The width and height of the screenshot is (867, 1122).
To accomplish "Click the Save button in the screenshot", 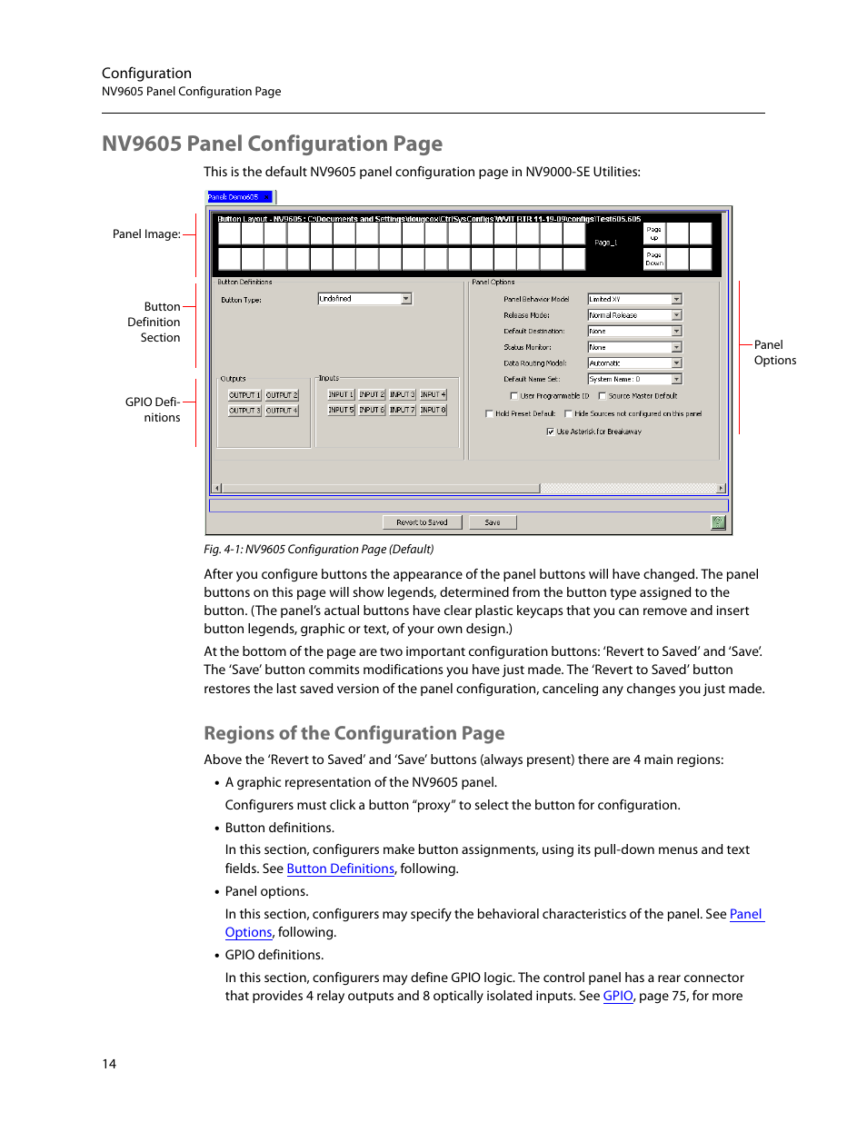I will pos(492,522).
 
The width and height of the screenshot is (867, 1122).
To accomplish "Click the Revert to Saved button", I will pos(422,522).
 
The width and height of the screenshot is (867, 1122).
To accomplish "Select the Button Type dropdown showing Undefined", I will pos(364,299).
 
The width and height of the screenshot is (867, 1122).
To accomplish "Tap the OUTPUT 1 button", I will pos(244,395).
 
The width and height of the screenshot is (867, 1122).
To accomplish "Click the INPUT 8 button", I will pos(433,411).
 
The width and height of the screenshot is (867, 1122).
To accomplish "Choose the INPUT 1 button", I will pos(340,395).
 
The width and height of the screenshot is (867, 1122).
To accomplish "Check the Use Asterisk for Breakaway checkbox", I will pos(551,432).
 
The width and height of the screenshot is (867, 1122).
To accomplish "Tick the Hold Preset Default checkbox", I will pos(490,413).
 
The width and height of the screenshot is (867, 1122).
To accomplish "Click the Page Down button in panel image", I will pos(653,259).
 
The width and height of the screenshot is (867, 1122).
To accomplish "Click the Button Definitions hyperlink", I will pos(340,869).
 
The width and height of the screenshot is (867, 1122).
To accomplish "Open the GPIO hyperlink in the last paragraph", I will pos(618,996).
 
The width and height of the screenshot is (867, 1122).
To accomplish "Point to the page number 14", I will pos(109,1064).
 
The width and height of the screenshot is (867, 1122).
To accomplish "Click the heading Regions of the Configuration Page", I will pos(354,733).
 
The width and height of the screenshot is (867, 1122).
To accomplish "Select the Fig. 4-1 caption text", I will pos(318,550).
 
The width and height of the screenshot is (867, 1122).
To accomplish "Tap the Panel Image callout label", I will pos(145,234).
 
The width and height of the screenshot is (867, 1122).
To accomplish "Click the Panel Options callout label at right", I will pos(774,352).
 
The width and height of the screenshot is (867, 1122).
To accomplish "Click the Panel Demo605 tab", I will pos(238,197).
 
